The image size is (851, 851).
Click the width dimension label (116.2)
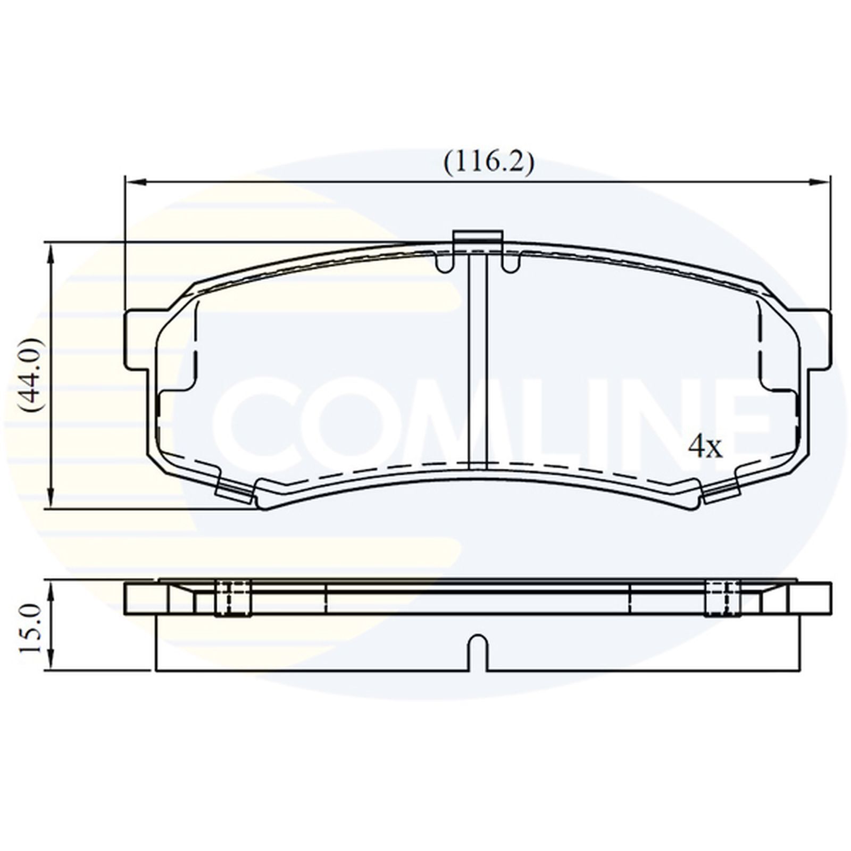488,163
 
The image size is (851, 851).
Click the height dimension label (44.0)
30,375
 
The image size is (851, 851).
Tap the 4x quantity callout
705,448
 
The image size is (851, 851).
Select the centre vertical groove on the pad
477,362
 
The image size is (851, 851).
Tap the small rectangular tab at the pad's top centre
477,239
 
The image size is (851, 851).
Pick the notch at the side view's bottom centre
477,652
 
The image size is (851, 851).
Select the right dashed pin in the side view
723,598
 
